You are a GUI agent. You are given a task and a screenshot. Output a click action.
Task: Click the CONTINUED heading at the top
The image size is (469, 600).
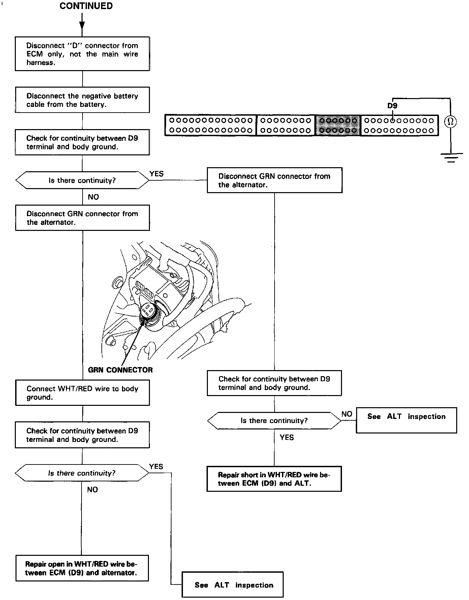click(86, 6)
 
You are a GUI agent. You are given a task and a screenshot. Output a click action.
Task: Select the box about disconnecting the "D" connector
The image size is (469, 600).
click(82, 54)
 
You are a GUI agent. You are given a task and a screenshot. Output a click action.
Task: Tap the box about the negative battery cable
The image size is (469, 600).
click(82, 100)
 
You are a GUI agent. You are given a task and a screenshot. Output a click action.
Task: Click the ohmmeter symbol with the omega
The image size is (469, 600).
click(450, 122)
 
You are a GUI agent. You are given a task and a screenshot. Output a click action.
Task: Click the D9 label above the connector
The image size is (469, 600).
click(392, 106)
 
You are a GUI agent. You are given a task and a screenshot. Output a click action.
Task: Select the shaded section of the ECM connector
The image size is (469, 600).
click(338, 125)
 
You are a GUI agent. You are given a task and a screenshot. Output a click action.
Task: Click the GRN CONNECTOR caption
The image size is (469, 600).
click(120, 370)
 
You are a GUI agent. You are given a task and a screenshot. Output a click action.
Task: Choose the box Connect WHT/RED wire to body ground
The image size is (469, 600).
click(82, 393)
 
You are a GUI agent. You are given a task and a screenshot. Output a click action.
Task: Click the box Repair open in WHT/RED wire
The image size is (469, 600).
click(82, 568)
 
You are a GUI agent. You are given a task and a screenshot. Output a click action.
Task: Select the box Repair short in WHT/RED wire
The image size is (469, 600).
click(274, 479)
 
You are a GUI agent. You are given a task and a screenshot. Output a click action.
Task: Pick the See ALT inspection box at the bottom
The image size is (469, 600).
click(232, 585)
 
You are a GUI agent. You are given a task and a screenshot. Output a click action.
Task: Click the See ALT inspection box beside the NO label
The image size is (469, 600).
click(406, 420)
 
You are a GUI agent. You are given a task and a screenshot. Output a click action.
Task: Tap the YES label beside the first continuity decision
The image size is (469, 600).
click(156, 174)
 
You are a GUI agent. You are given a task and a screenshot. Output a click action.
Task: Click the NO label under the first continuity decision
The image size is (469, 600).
click(93, 197)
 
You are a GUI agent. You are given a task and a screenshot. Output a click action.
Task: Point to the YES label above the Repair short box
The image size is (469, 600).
click(287, 438)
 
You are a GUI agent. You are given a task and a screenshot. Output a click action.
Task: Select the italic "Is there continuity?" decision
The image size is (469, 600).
click(82, 473)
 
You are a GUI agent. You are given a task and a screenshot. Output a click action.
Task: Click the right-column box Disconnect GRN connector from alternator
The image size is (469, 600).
click(274, 180)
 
